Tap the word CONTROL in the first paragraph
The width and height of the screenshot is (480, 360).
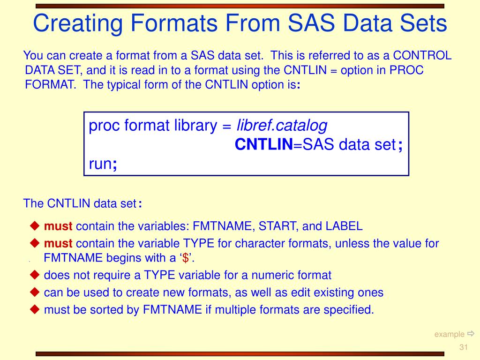coord(422,56)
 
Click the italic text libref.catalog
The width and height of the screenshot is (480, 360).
coord(282,126)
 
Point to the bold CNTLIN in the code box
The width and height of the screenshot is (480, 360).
coord(263,145)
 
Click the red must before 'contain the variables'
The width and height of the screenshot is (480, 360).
coord(58,226)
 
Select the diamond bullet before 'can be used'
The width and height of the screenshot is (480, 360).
coord(35,292)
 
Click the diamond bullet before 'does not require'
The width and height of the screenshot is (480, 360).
coord(35,275)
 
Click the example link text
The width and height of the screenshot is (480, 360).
coord(449,334)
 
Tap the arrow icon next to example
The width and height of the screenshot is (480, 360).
coord(471,334)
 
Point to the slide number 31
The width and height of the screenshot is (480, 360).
coord(464,347)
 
